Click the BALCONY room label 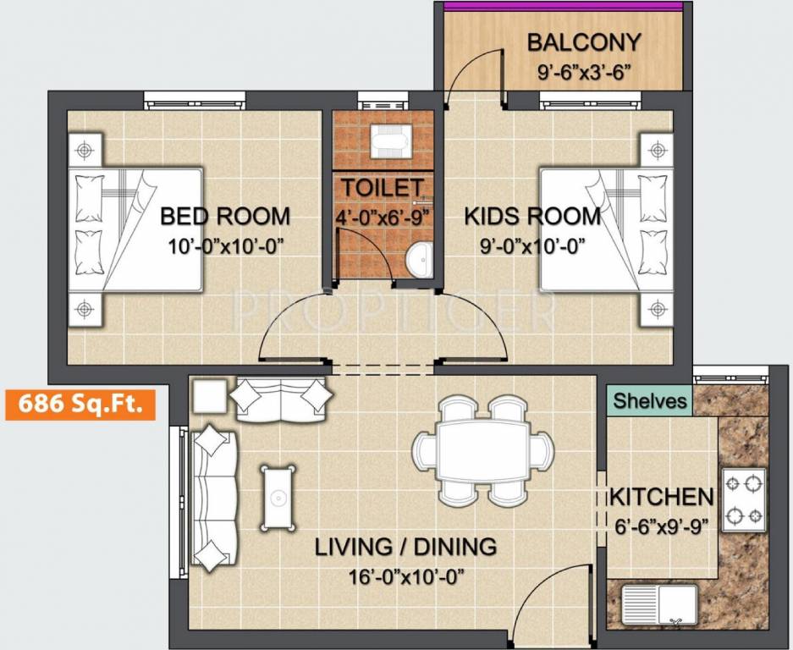click(x=584, y=42)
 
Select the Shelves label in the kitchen click(x=649, y=400)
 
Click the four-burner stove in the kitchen click(x=743, y=499)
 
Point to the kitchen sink click(x=659, y=605)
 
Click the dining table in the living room click(x=482, y=451)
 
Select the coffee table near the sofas click(x=278, y=498)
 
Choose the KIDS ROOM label click(x=532, y=217)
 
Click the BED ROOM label click(x=225, y=217)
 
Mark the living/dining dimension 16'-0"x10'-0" click(x=405, y=577)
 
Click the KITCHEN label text click(x=662, y=497)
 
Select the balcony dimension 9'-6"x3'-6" click(x=584, y=71)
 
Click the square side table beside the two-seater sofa click(x=209, y=395)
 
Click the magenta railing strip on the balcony click(x=564, y=6)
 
